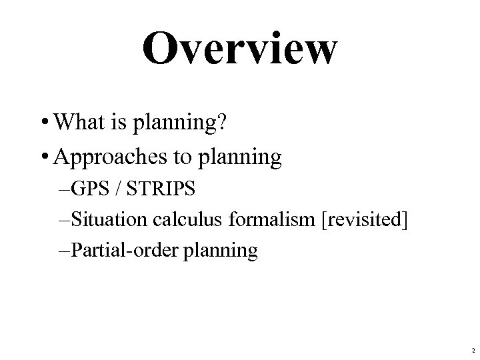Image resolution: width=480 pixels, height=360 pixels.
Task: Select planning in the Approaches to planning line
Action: pos(247,160)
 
